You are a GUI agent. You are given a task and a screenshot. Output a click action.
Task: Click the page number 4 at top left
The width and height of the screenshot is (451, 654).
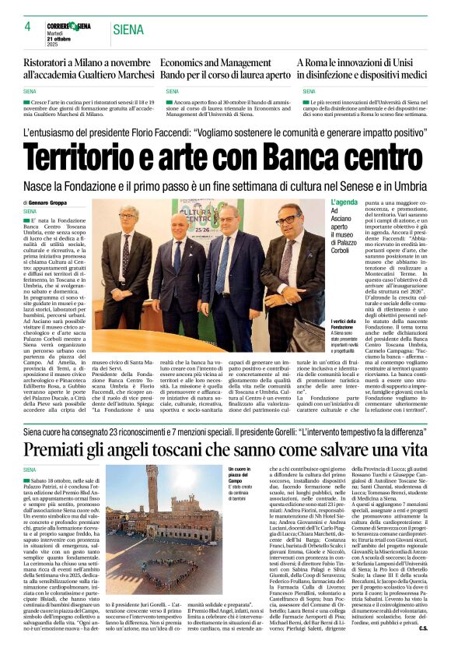[x=26, y=26]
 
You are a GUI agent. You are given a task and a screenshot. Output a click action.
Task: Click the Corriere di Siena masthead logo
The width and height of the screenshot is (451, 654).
[x=69, y=26]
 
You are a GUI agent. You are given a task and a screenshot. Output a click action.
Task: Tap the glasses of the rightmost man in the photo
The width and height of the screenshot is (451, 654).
[x=287, y=220]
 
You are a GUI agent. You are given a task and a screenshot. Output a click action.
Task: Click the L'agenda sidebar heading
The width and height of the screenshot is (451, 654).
[x=344, y=202]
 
